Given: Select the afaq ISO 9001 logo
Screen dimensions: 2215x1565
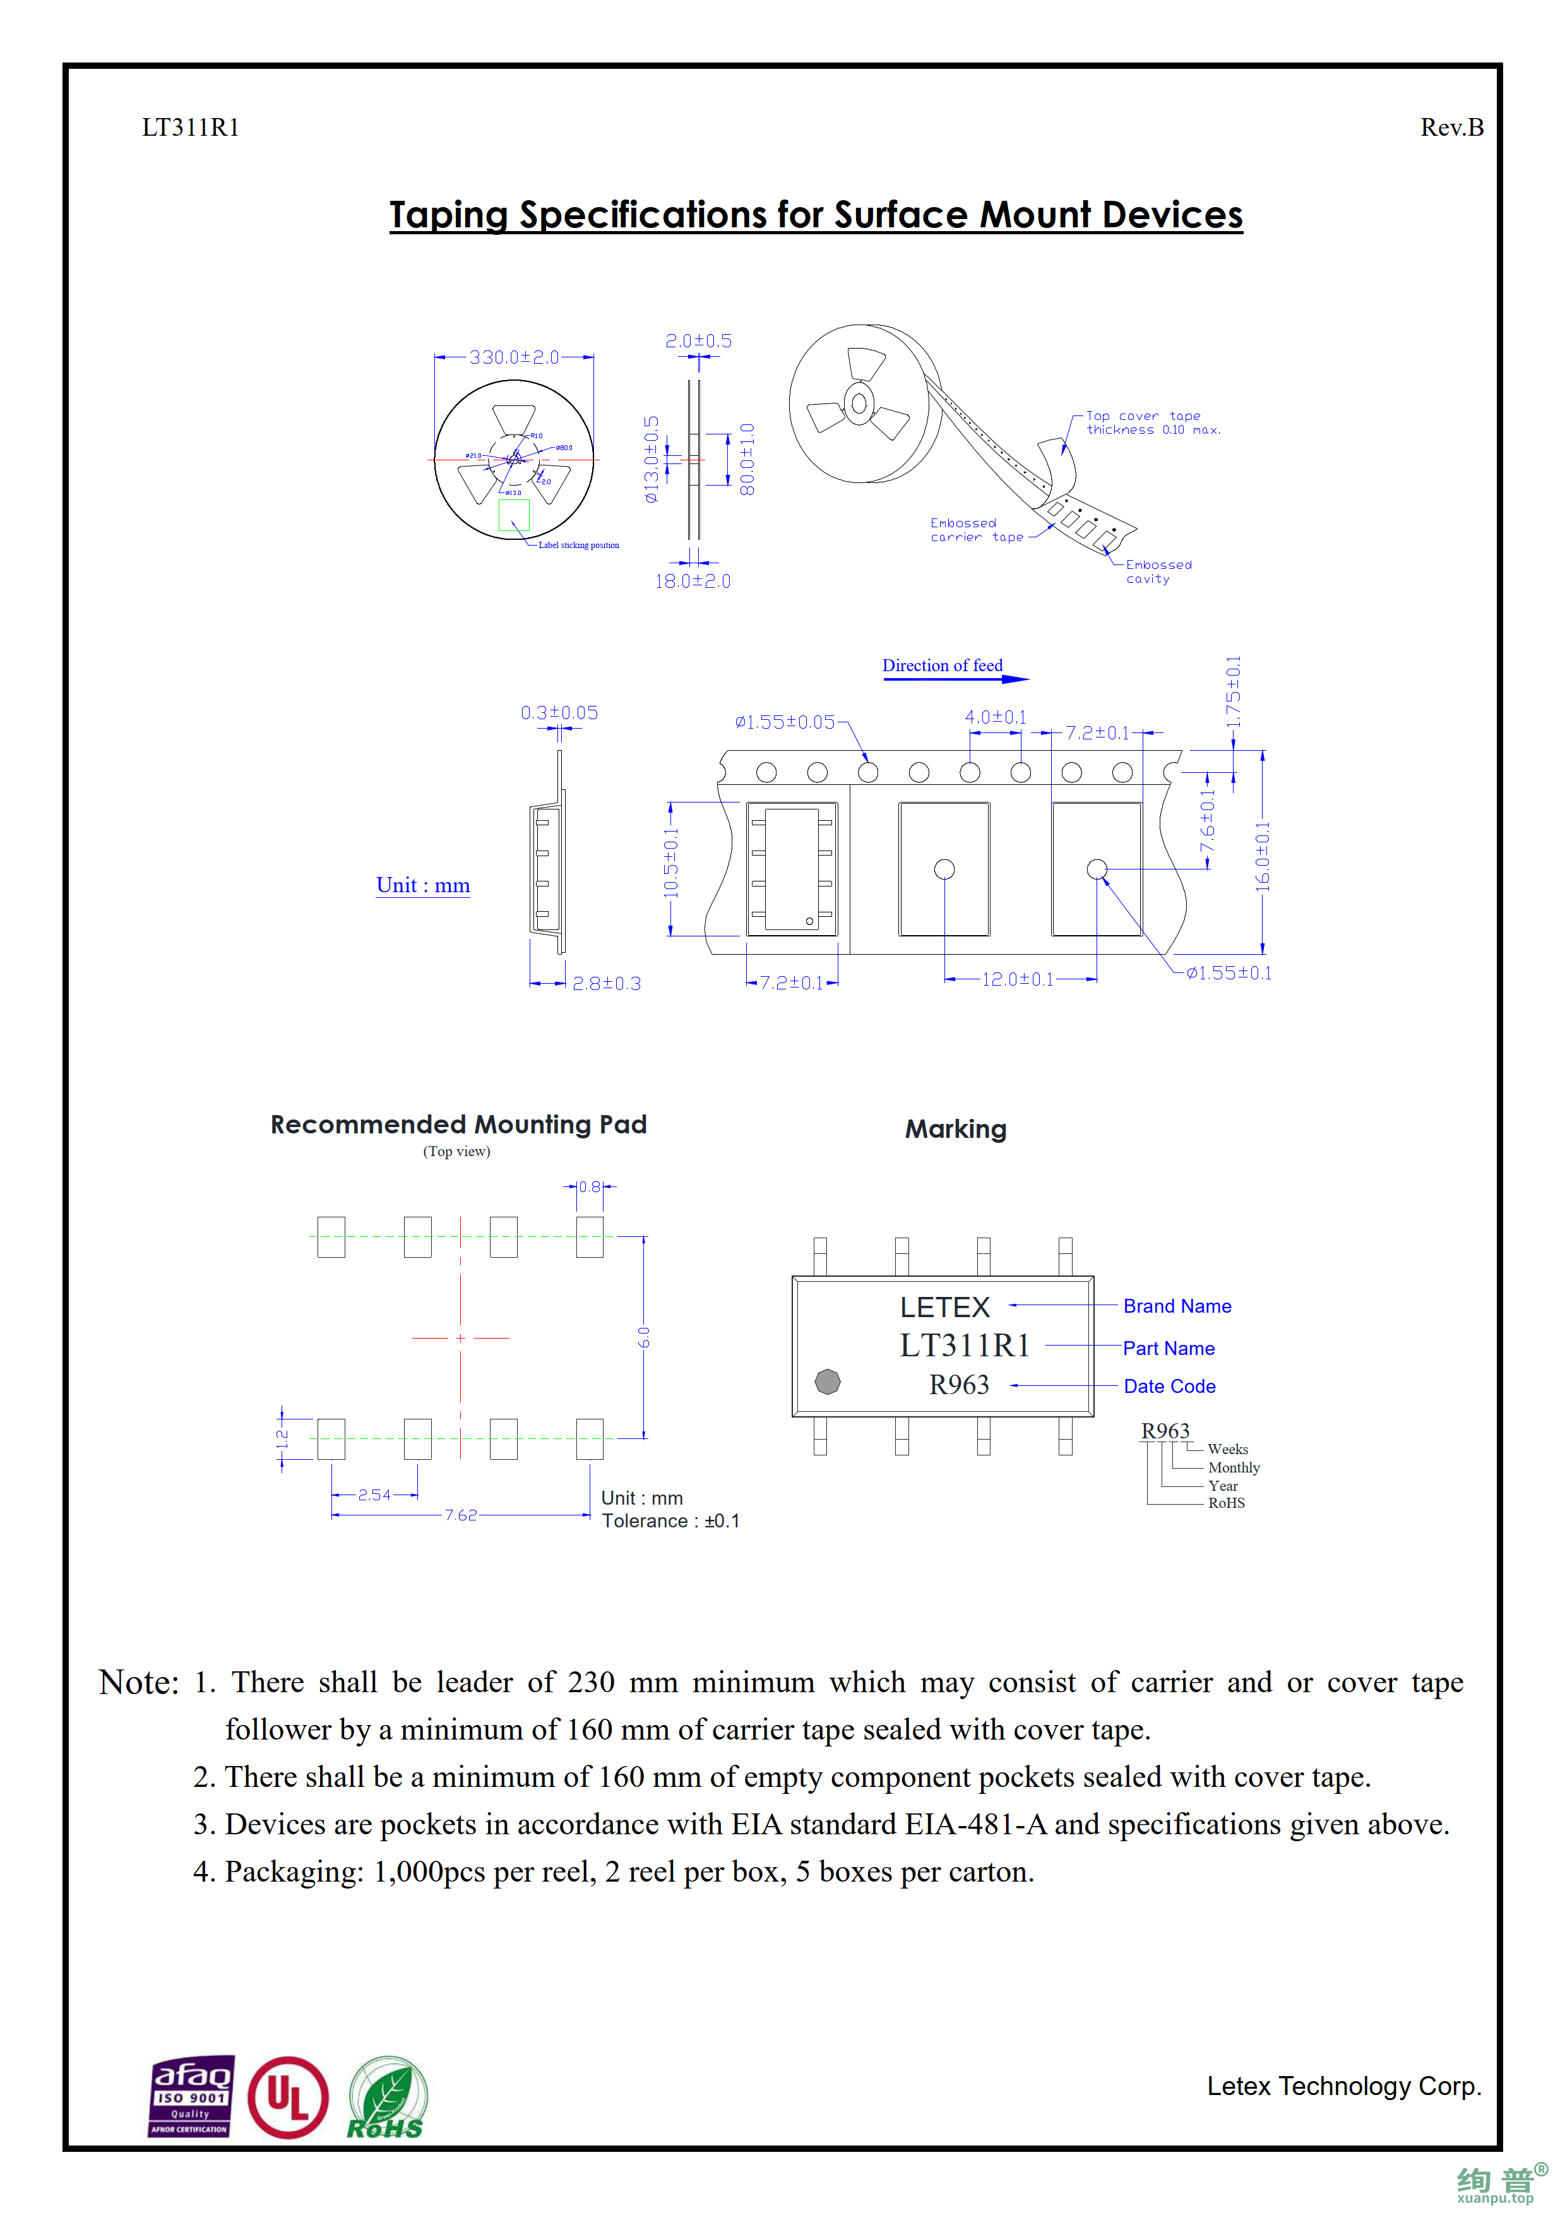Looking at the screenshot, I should tap(191, 2096).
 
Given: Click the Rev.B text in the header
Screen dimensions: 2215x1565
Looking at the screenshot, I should tap(1451, 128).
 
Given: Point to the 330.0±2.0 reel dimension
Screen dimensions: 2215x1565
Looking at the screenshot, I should tap(514, 357).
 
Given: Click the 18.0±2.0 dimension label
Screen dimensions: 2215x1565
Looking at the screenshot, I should tap(693, 581).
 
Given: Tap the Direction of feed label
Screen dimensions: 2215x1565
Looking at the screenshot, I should tap(942, 666).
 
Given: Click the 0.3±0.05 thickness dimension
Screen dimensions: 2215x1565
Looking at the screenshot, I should tap(559, 713).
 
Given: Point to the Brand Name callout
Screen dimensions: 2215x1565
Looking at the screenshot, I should tap(1176, 1306).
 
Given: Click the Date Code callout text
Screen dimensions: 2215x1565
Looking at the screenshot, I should tap(1169, 1387).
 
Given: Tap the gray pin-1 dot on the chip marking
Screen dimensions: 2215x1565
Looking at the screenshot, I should tap(828, 1382).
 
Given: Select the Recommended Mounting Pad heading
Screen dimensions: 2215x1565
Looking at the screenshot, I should tap(458, 1125).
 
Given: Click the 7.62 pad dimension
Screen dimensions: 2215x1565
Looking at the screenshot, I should tap(461, 1515).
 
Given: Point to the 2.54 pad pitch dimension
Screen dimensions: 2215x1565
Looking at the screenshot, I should tap(374, 1495).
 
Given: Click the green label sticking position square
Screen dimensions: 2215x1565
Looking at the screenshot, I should tap(514, 514).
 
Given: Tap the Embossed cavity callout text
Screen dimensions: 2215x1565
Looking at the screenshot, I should tap(1158, 572).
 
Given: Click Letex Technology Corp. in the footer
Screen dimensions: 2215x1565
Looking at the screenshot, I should tap(1343, 2086).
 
